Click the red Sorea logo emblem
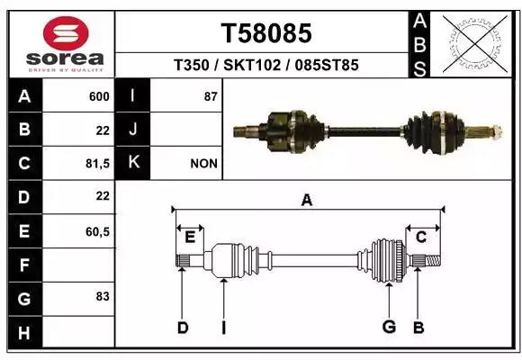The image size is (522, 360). click(66, 33)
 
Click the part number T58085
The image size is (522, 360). click(266, 33)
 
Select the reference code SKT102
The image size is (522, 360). click(252, 65)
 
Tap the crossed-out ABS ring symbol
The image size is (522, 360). click(475, 44)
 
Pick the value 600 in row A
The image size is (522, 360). click(99, 96)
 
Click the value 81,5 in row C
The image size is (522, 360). click(97, 164)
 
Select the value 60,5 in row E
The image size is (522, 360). click(97, 231)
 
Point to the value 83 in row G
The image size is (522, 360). click(103, 296)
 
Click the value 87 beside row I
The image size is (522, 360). click(211, 96)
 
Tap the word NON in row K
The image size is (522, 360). click(203, 164)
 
